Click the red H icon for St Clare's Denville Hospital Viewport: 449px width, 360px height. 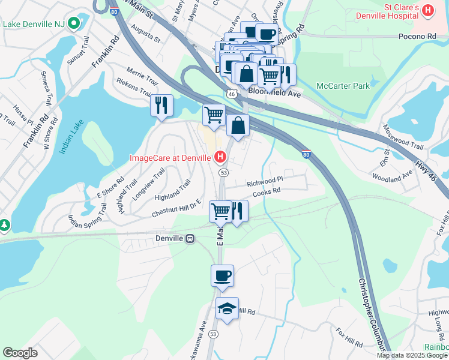428,10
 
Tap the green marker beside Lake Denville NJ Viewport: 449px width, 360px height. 74,24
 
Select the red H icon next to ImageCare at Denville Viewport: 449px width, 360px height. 220,158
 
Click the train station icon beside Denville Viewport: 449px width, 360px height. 190,238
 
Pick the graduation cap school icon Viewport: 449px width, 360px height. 227,308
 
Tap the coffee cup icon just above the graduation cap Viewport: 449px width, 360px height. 222,275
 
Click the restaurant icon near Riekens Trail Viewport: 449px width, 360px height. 161,105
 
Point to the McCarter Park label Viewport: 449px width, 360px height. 343,86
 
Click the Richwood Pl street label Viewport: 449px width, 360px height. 265,179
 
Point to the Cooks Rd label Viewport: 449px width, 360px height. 267,191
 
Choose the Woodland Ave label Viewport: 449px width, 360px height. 392,176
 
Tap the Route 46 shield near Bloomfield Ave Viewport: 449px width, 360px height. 232,94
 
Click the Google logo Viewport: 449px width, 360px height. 20,353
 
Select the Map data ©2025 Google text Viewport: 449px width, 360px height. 412,355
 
